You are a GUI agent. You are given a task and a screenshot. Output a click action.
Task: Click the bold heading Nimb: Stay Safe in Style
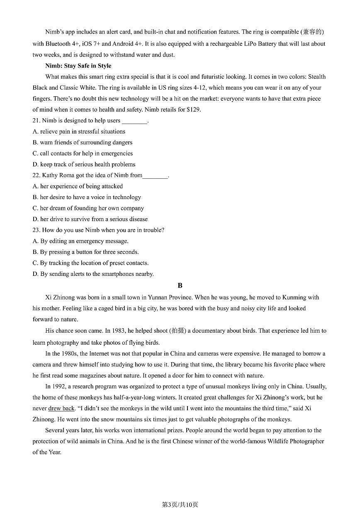(78, 66)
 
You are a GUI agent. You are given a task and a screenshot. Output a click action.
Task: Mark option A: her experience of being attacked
(78, 186)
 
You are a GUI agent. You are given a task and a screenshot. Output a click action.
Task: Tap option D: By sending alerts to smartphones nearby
(93, 274)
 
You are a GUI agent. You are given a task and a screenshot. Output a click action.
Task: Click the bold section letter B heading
(180, 285)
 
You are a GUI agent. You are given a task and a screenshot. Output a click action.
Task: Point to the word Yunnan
(158, 297)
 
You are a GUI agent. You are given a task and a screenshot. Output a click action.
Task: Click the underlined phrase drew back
(61, 409)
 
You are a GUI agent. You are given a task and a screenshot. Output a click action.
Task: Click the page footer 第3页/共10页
(180, 504)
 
